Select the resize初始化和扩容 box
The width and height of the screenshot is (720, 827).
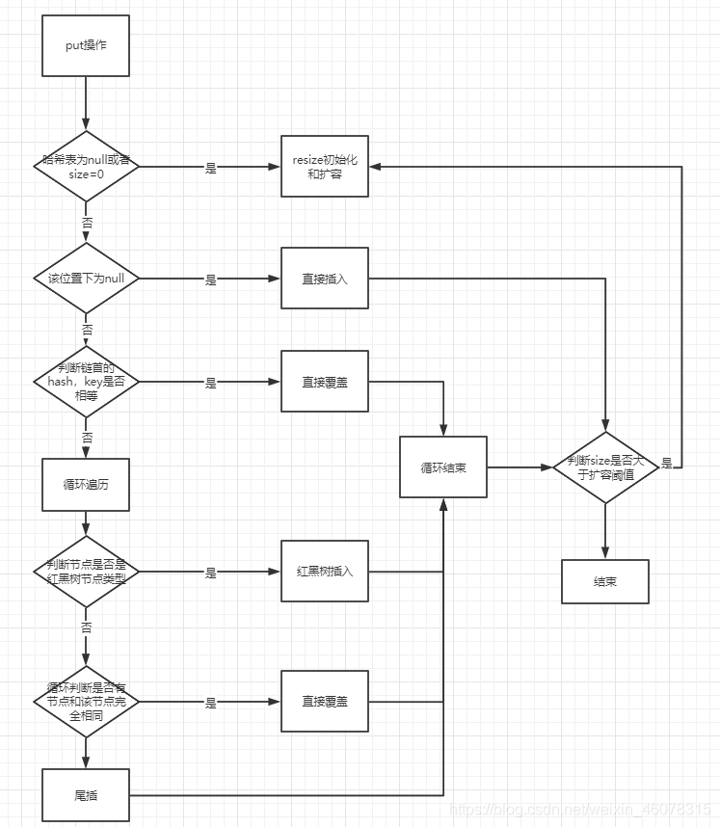tap(325, 168)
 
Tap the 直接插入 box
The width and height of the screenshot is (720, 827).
tap(325, 280)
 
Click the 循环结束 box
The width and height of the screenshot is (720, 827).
tap(443, 467)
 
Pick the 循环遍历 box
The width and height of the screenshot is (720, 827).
tap(86, 484)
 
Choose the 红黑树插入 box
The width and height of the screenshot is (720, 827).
tap(325, 572)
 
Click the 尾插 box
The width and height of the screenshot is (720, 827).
tap(86, 795)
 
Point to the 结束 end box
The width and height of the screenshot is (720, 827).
tap(605, 581)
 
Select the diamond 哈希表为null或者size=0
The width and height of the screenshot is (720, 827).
tap(86, 167)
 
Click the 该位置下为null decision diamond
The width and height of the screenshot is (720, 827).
tap(86, 279)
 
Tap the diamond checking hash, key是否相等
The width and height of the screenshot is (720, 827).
tap(86, 382)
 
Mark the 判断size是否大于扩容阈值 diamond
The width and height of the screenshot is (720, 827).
tap(605, 467)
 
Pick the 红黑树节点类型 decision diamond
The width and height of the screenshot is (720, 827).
tap(86, 572)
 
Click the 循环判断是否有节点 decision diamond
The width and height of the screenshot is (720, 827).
tap(86, 702)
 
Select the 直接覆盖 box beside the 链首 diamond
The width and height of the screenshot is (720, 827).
tap(325, 382)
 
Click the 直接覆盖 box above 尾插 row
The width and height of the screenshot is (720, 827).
tap(325, 702)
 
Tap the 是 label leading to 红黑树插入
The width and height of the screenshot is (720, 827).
tap(211, 573)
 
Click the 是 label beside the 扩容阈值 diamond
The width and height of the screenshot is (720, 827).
tap(667, 464)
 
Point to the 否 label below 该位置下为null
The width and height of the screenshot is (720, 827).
tap(87, 330)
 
